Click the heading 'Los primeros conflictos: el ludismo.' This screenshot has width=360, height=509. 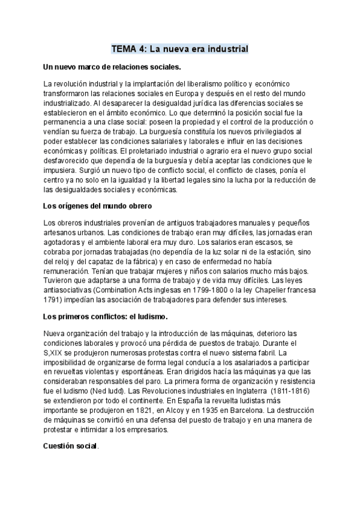(x=106, y=316)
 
